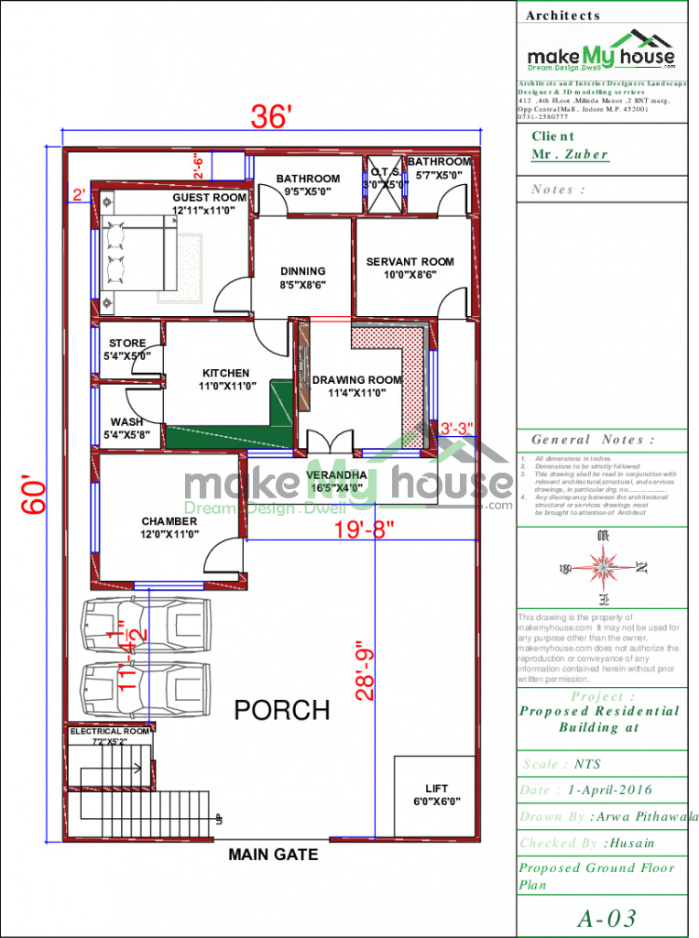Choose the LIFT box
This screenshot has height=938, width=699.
coord(436,794)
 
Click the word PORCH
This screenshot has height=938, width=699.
coord(281,710)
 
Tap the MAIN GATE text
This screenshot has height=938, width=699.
coord(273,855)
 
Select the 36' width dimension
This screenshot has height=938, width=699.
coord(272,117)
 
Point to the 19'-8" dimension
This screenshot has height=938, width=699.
coord(364,528)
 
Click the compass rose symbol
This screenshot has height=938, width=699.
coord(602,567)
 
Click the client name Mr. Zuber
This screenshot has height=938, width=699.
coord(570,154)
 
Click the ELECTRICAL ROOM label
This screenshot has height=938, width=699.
coord(109,732)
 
